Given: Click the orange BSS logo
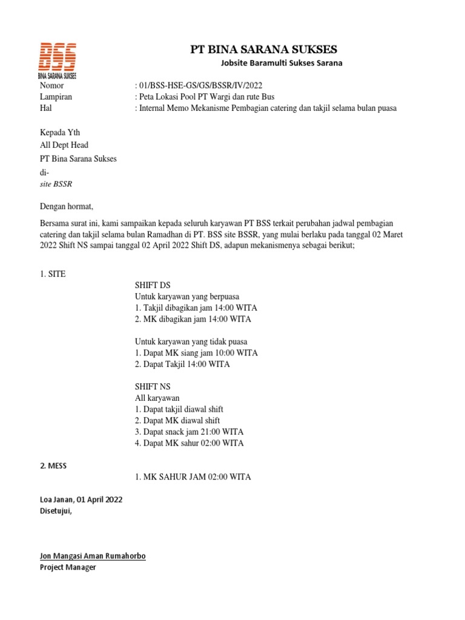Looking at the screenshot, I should point(58,59).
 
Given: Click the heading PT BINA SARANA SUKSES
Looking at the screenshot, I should point(263,49).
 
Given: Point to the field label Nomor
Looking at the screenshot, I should point(51,87).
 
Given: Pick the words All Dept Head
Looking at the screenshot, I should point(64,145).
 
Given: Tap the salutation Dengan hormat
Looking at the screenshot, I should point(67,206).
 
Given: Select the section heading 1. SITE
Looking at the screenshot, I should point(53,274).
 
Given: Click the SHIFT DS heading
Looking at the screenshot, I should point(153,285).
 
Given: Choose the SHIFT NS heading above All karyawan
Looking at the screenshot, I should point(153,386).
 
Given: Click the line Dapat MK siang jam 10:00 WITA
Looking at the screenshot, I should point(196,352).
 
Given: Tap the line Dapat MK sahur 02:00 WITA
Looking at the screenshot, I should point(190,443).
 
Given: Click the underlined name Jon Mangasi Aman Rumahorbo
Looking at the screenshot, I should point(93,556).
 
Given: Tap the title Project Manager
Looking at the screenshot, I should point(68,567).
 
